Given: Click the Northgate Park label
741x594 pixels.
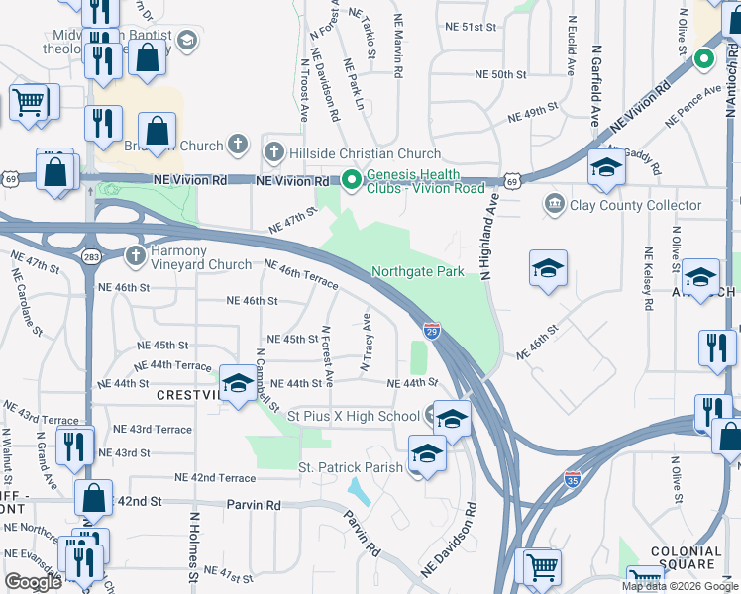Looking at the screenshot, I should (417, 272).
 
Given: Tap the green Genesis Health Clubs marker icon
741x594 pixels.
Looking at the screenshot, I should (351, 180).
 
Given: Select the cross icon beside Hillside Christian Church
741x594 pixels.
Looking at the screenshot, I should (274, 153).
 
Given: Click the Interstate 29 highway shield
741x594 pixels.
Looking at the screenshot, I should (432, 330).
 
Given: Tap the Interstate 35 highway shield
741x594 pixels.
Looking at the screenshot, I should (573, 479).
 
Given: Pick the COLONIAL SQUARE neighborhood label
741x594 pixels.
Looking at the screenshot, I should (684, 558).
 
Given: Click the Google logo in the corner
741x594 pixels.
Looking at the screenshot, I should (33, 581).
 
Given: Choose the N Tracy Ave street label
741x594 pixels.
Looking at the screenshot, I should (366, 343).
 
